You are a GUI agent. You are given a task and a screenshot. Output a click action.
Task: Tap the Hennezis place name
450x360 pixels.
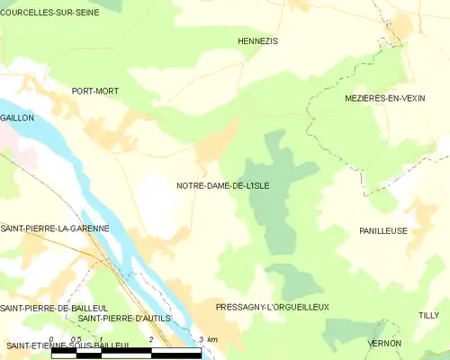click(x=257, y=41)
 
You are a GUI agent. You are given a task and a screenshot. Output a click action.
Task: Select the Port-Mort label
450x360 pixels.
click(x=94, y=91)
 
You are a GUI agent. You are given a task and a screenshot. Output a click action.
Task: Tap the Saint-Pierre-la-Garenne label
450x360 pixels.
click(x=55, y=229)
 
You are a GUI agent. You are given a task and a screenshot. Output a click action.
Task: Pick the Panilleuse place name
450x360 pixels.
click(x=382, y=231)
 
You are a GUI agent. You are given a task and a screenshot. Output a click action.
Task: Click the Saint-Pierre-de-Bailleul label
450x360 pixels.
click(x=54, y=308)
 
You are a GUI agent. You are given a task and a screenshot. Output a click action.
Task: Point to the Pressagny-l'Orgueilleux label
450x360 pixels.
click(x=272, y=307)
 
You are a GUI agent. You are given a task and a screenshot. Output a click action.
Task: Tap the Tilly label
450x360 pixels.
click(x=428, y=315)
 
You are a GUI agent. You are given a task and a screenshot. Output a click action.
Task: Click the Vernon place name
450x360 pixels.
click(x=384, y=344)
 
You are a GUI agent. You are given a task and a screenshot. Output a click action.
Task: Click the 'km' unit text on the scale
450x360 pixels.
click(x=212, y=339)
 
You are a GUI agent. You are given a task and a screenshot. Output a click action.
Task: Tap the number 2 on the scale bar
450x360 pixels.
click(x=150, y=339)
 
